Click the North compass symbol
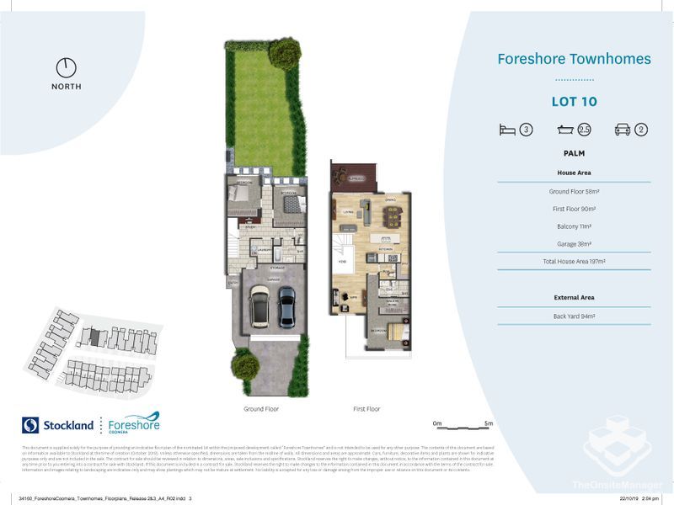click(66, 68)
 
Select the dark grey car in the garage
click(286, 309)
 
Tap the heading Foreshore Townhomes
click(574, 59)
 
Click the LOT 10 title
click(574, 102)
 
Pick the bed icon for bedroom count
click(507, 130)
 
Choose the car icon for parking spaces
click(623, 130)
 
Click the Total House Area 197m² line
click(574, 262)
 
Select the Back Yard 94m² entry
click(574, 316)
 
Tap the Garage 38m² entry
click(574, 244)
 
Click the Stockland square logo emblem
click(30, 425)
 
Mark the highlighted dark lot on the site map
click(95, 337)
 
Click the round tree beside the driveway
click(245, 366)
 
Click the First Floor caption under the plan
click(366, 409)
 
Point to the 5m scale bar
click(462, 426)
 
